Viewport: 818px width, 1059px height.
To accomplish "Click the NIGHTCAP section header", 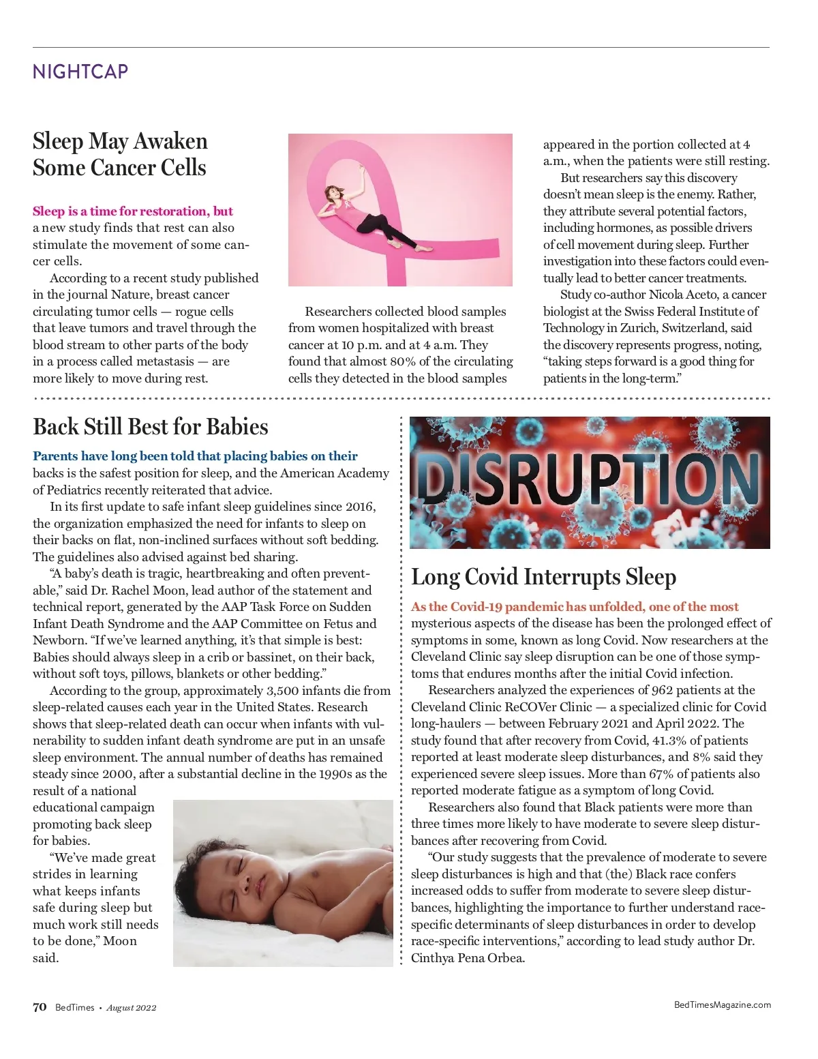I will coord(80,72).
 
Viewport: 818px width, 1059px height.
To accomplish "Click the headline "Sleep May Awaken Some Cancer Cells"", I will coord(120,154).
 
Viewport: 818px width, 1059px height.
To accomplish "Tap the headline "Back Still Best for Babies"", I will coord(151,427).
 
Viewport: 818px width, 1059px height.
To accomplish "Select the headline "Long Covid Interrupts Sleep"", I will coord(543,577).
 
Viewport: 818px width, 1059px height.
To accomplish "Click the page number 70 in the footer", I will coord(40,1007).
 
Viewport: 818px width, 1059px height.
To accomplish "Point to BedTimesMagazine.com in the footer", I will coord(722,1004).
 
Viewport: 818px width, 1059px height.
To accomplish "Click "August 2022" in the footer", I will coord(131,1008).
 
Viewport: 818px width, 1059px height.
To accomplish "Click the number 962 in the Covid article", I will coord(662,690).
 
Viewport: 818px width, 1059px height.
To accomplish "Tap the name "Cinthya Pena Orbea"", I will coord(468,958).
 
